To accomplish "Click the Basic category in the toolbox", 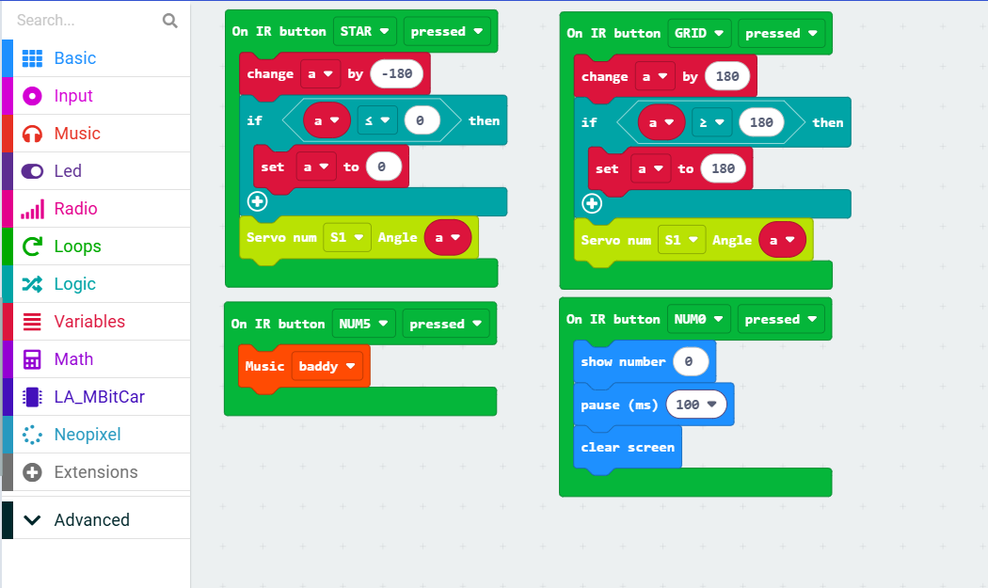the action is pos(96,58).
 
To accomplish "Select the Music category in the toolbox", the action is pos(96,134).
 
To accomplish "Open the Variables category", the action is pos(96,322).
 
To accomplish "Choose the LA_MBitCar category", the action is pos(96,397).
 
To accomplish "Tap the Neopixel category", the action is pos(96,435).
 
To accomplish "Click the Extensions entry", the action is pos(96,472).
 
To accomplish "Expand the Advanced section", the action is pos(96,520).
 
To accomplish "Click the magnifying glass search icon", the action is pos(170,21).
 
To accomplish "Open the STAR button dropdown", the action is pos(364,31).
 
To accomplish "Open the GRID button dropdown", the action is pos(699,34).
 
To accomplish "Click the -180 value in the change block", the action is pos(396,73).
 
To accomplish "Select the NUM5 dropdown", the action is pos(363,324).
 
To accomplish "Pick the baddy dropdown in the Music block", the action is pos(327,366).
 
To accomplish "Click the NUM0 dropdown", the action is pos(698,320).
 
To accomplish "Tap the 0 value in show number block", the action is pos(691,362).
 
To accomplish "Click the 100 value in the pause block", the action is pos(695,405).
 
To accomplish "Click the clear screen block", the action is pos(628,448).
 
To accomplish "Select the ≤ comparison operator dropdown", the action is pos(377,120).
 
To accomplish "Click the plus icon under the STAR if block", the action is pos(257,201).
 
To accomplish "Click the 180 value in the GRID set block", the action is pos(723,169).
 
